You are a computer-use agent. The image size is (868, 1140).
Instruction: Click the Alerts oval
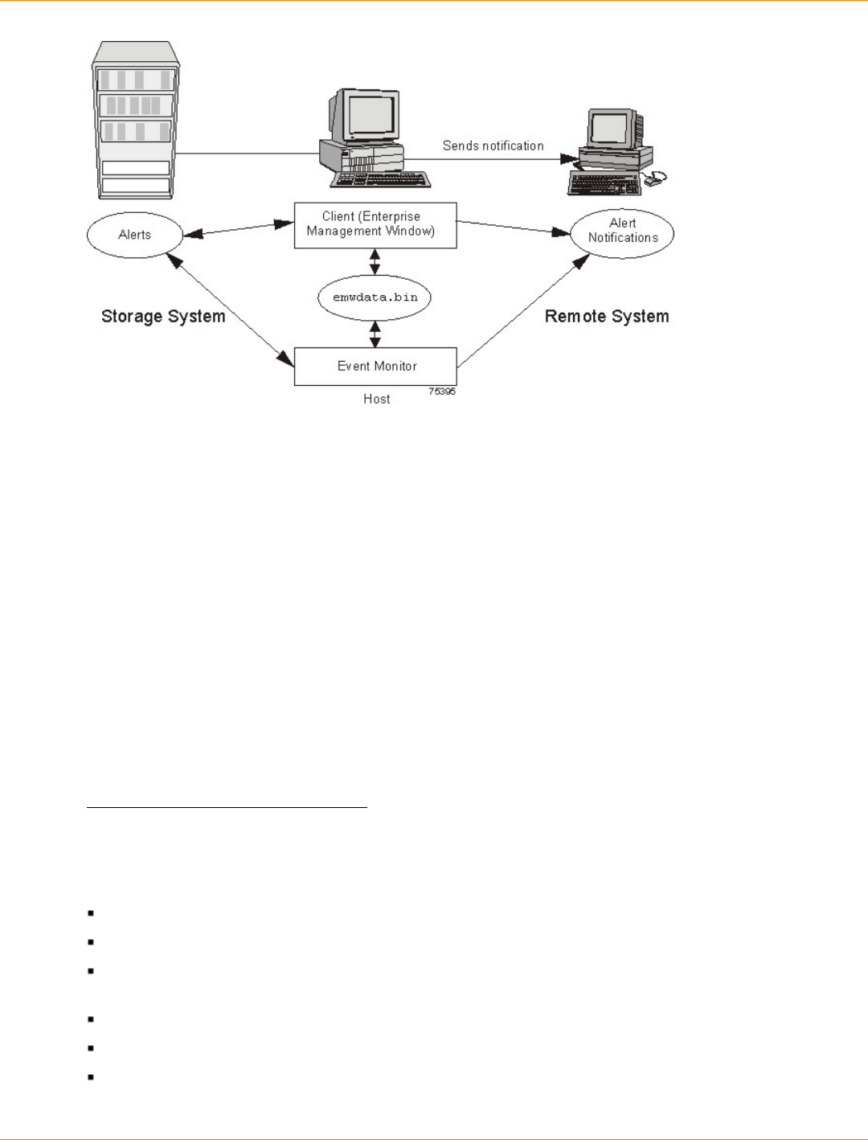click(134, 235)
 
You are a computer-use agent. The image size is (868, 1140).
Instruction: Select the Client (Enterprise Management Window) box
click(375, 225)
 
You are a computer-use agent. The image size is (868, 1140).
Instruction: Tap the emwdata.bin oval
click(375, 297)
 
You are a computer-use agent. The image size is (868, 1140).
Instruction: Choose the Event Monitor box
click(375, 367)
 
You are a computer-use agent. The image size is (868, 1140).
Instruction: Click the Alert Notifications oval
click(622, 233)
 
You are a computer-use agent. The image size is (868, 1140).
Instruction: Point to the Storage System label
click(163, 317)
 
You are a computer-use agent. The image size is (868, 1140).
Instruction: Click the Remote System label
click(607, 317)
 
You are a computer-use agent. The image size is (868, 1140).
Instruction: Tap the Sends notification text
click(493, 146)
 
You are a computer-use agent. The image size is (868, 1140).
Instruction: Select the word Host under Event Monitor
click(376, 399)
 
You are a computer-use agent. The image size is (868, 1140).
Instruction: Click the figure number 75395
click(441, 392)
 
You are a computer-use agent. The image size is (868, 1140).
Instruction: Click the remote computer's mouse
click(655, 179)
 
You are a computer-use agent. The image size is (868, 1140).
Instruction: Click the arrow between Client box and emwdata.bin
click(375, 262)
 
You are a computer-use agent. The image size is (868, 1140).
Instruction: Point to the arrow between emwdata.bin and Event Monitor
click(375, 334)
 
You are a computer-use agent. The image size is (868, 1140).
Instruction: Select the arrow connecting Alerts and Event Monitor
click(231, 310)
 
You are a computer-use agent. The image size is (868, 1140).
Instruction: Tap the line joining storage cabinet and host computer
click(248, 154)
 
